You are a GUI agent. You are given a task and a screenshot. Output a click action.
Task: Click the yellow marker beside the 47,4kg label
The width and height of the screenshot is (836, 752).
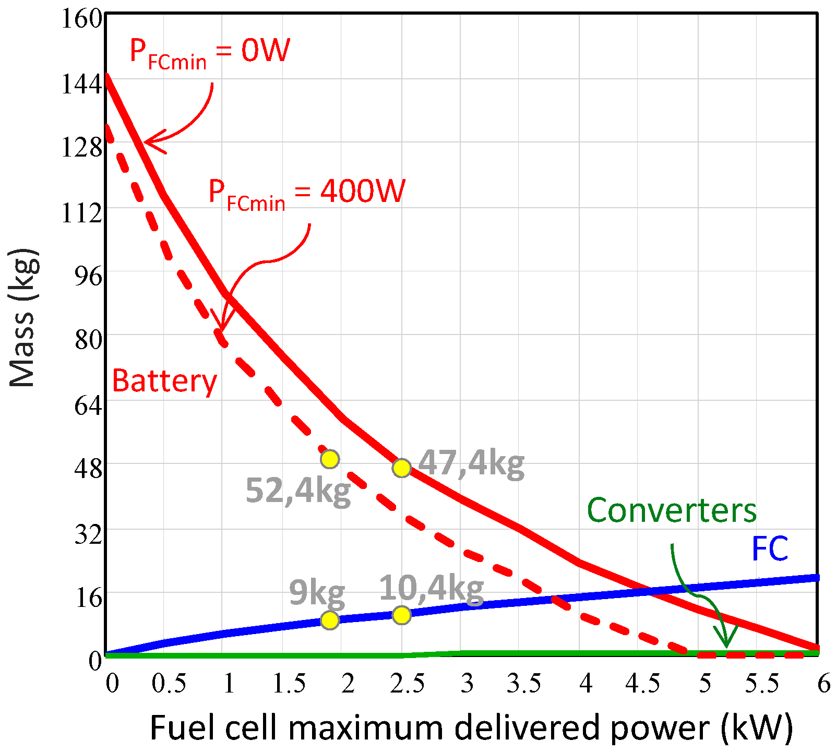401,468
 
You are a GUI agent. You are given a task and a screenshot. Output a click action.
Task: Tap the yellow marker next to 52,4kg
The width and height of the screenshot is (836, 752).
330,459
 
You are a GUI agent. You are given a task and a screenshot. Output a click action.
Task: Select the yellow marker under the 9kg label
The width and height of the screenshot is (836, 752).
330,620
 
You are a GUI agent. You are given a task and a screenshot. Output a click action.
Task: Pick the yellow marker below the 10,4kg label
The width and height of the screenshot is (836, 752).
401,615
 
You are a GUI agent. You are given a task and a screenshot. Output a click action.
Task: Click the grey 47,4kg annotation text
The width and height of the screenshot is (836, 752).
471,463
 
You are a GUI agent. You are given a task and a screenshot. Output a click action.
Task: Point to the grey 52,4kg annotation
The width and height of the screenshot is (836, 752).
298,491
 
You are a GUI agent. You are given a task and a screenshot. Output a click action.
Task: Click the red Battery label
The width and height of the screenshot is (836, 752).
164,381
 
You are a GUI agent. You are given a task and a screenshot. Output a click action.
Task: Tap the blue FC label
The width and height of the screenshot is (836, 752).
769,549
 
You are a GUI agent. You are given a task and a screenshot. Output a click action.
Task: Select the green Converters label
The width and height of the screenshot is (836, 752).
672,510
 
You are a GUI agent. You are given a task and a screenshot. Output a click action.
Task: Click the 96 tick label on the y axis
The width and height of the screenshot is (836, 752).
88,276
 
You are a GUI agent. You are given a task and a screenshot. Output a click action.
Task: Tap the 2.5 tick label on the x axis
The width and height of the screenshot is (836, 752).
407,684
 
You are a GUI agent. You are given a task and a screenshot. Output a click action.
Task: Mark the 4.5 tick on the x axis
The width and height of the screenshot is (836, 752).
643,684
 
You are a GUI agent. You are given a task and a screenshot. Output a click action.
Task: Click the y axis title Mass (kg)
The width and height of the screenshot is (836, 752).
23,318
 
